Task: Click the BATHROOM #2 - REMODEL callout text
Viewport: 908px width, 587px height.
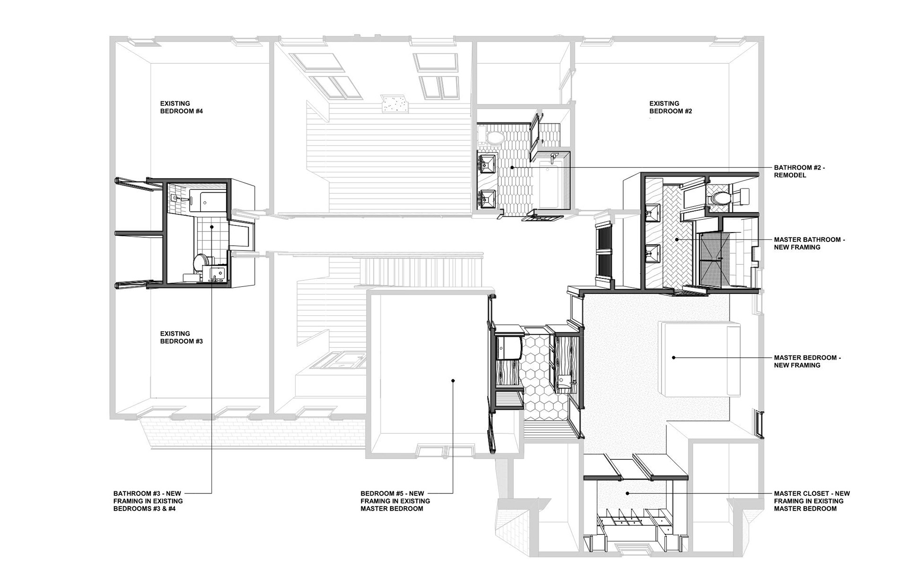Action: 800,172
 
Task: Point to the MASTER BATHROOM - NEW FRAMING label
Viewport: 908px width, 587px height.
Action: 809,243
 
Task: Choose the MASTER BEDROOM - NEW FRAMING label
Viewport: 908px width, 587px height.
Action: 807,362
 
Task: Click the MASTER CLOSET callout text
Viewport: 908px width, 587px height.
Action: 812,501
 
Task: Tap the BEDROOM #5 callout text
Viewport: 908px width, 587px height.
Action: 395,501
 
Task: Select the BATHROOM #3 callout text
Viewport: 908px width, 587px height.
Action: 148,501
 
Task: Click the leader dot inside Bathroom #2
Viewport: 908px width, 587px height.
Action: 512,167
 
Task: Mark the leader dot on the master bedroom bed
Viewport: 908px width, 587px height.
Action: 673,358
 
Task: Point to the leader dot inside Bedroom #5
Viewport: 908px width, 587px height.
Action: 453,380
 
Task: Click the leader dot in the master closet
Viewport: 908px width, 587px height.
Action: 627,493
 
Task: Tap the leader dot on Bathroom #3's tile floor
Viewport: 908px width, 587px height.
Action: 211,227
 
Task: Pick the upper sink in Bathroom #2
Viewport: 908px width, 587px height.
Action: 487,164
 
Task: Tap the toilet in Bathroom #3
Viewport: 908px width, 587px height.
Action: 202,261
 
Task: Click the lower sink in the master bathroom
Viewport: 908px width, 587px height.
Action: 653,254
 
